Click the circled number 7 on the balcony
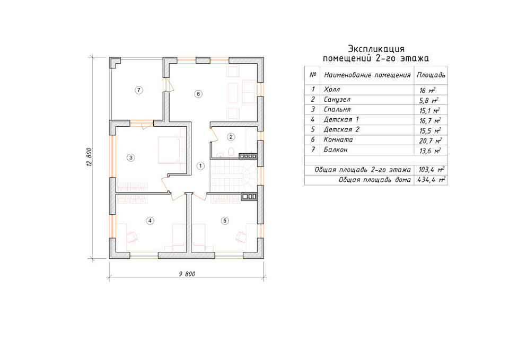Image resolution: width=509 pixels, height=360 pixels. [x=139, y=90]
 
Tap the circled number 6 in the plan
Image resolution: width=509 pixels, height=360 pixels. [x=198, y=94]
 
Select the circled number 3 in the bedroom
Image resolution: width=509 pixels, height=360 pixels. [x=131, y=158]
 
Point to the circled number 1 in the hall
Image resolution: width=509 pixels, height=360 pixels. [x=200, y=166]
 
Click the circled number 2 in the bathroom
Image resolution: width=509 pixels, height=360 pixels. [x=231, y=137]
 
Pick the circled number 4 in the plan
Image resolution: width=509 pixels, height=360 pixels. [x=150, y=221]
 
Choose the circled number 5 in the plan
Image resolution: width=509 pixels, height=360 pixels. [x=225, y=221]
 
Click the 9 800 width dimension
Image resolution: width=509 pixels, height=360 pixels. [x=187, y=274]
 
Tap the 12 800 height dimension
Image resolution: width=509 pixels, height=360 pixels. [x=89, y=157]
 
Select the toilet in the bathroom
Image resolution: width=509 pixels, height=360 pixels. [x=231, y=152]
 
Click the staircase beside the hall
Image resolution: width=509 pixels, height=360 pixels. [x=234, y=176]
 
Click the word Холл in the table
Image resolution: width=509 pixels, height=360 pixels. [x=332, y=89]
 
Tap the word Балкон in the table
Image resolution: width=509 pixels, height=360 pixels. [x=336, y=150]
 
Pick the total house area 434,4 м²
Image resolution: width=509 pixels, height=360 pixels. [x=431, y=180]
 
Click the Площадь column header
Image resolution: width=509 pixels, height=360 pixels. [x=431, y=75]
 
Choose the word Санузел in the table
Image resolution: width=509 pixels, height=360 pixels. [x=337, y=100]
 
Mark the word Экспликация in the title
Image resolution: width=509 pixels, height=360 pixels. [x=376, y=49]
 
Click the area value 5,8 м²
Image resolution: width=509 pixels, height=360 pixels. [x=429, y=100]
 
